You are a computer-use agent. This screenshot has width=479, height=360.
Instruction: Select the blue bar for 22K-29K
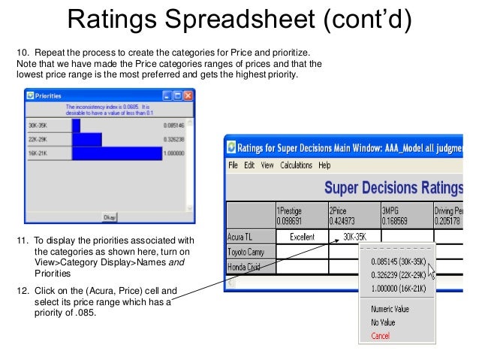coord(86,138)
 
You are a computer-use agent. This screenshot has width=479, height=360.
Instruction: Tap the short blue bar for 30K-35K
coord(76,124)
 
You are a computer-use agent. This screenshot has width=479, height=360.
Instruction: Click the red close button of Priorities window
coord(188,95)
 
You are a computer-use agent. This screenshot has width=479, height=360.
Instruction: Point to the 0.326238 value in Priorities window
coord(173,139)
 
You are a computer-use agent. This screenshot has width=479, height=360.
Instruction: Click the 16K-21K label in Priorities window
coord(38,153)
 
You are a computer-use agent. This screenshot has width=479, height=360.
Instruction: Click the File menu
coord(233,165)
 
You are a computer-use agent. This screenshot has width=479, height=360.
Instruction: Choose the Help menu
coord(324,165)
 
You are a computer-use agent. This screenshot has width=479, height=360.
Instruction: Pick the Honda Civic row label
coord(246,265)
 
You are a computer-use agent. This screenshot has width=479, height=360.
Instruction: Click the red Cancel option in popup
coord(381,335)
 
